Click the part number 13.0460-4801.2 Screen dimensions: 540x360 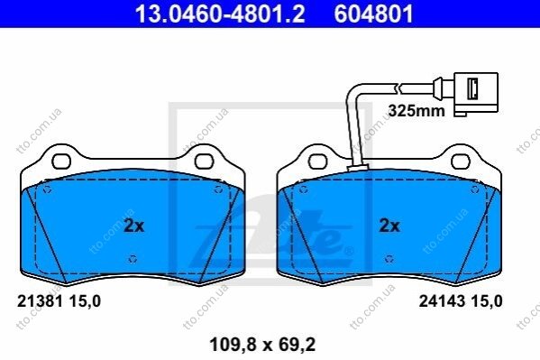coord(220,14)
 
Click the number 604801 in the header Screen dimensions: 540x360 coord(373,14)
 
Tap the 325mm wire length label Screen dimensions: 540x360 coord(416,111)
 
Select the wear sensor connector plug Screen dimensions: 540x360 coord(476,92)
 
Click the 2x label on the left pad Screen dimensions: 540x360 coord(134,226)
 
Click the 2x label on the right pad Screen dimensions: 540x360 coord(389,226)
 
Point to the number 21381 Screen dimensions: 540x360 coord(40,301)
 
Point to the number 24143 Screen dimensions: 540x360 coord(442,301)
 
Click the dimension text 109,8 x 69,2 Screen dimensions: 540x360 coord(262,345)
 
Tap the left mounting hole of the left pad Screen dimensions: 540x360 coord(61,162)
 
